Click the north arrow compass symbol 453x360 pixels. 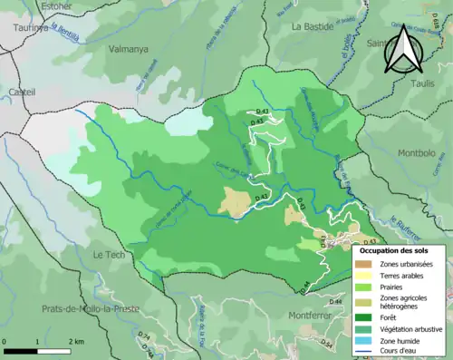pos(401,50)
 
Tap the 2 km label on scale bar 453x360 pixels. pos(74,342)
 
